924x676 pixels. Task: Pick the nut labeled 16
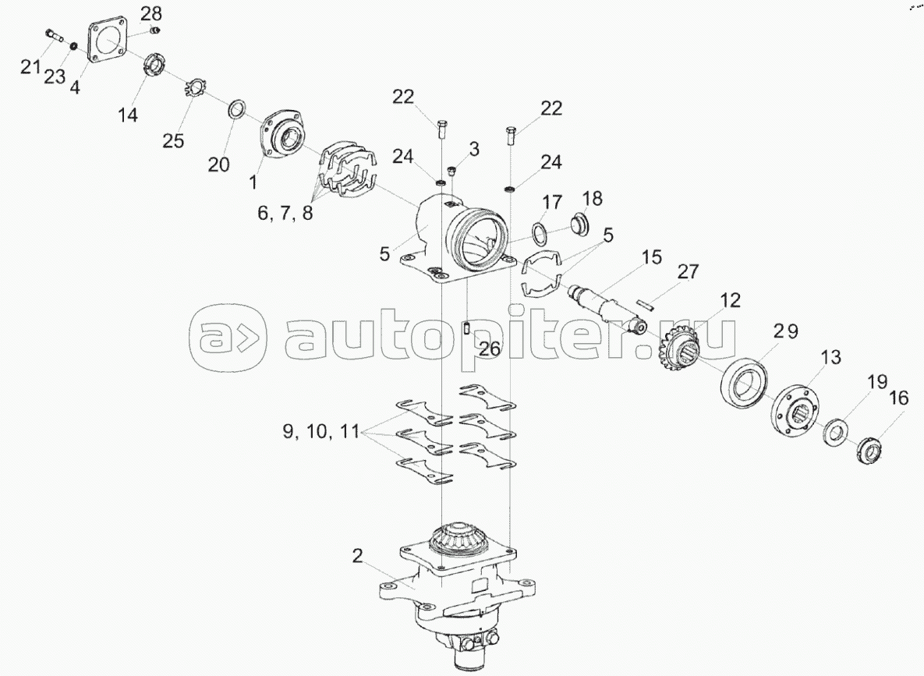[x=869, y=449]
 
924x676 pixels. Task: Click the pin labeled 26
[x=467, y=328]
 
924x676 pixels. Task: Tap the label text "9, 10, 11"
[x=320, y=431]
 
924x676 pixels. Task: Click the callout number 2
[x=357, y=556]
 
